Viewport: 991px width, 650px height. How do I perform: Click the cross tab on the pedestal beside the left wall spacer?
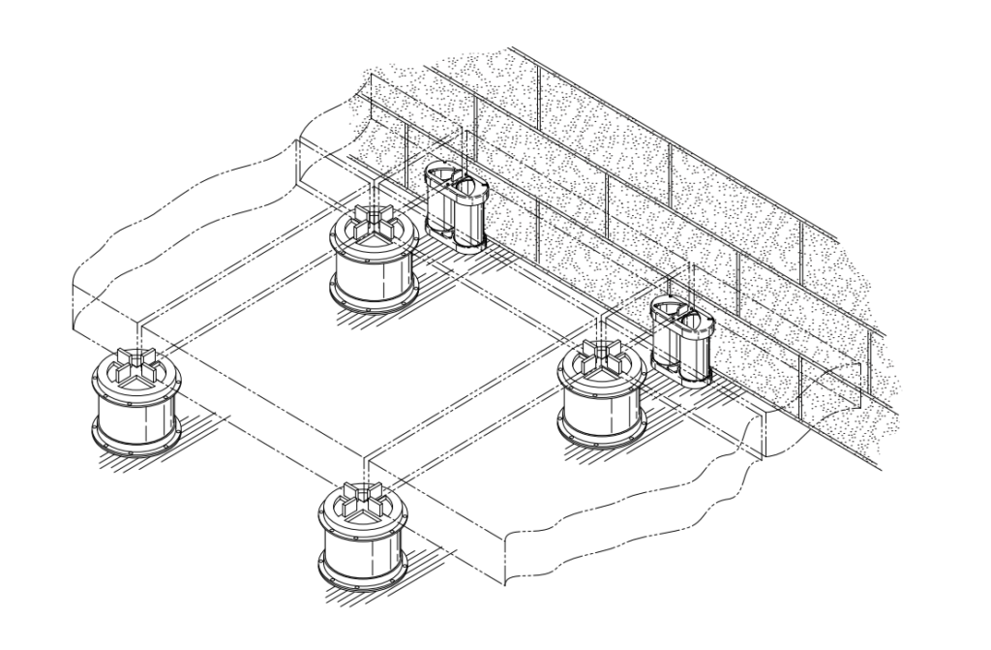point(375,222)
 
